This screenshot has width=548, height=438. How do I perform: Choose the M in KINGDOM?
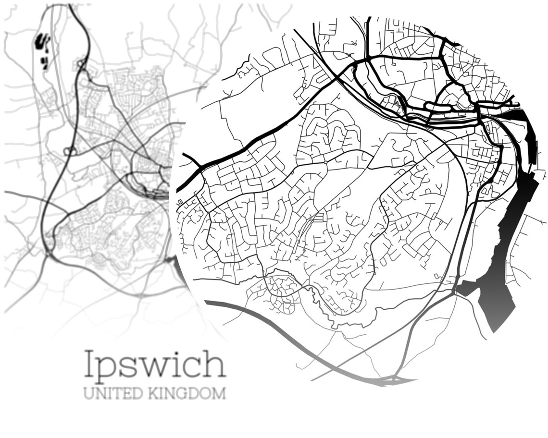(x=219, y=393)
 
